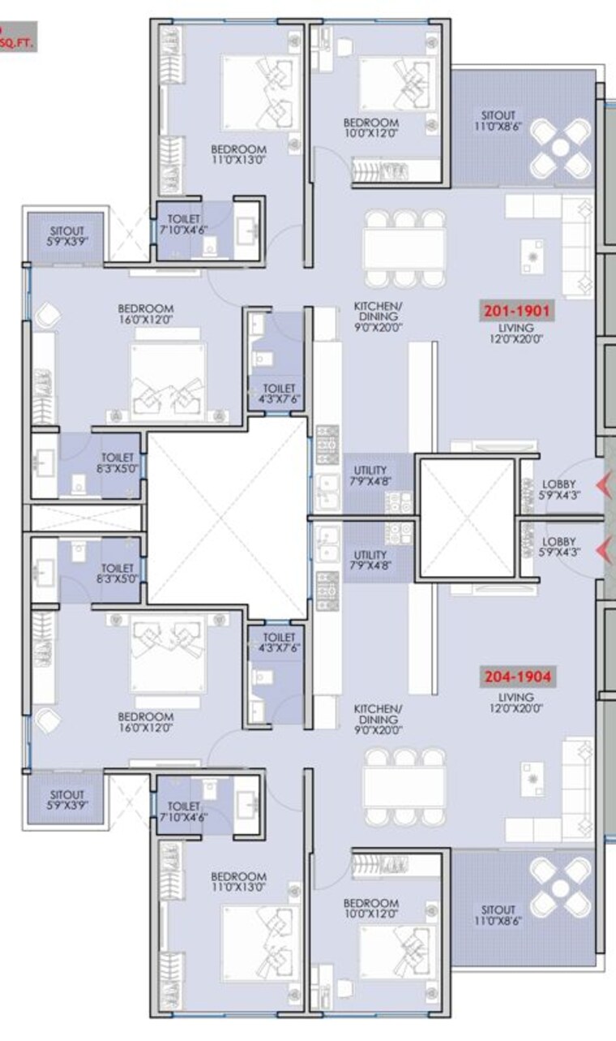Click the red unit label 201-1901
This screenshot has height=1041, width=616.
517,311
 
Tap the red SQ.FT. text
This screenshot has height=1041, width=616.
16,45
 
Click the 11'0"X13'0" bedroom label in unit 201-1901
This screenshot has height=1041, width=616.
238,155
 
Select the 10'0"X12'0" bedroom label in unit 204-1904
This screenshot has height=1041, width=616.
370,909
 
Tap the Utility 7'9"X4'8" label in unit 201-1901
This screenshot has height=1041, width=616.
370,475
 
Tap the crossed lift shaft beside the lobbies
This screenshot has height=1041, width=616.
468,518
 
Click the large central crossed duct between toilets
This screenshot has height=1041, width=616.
227,517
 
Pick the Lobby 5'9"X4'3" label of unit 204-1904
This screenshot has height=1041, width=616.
558,547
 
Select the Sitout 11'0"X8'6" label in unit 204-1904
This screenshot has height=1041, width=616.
498,915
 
